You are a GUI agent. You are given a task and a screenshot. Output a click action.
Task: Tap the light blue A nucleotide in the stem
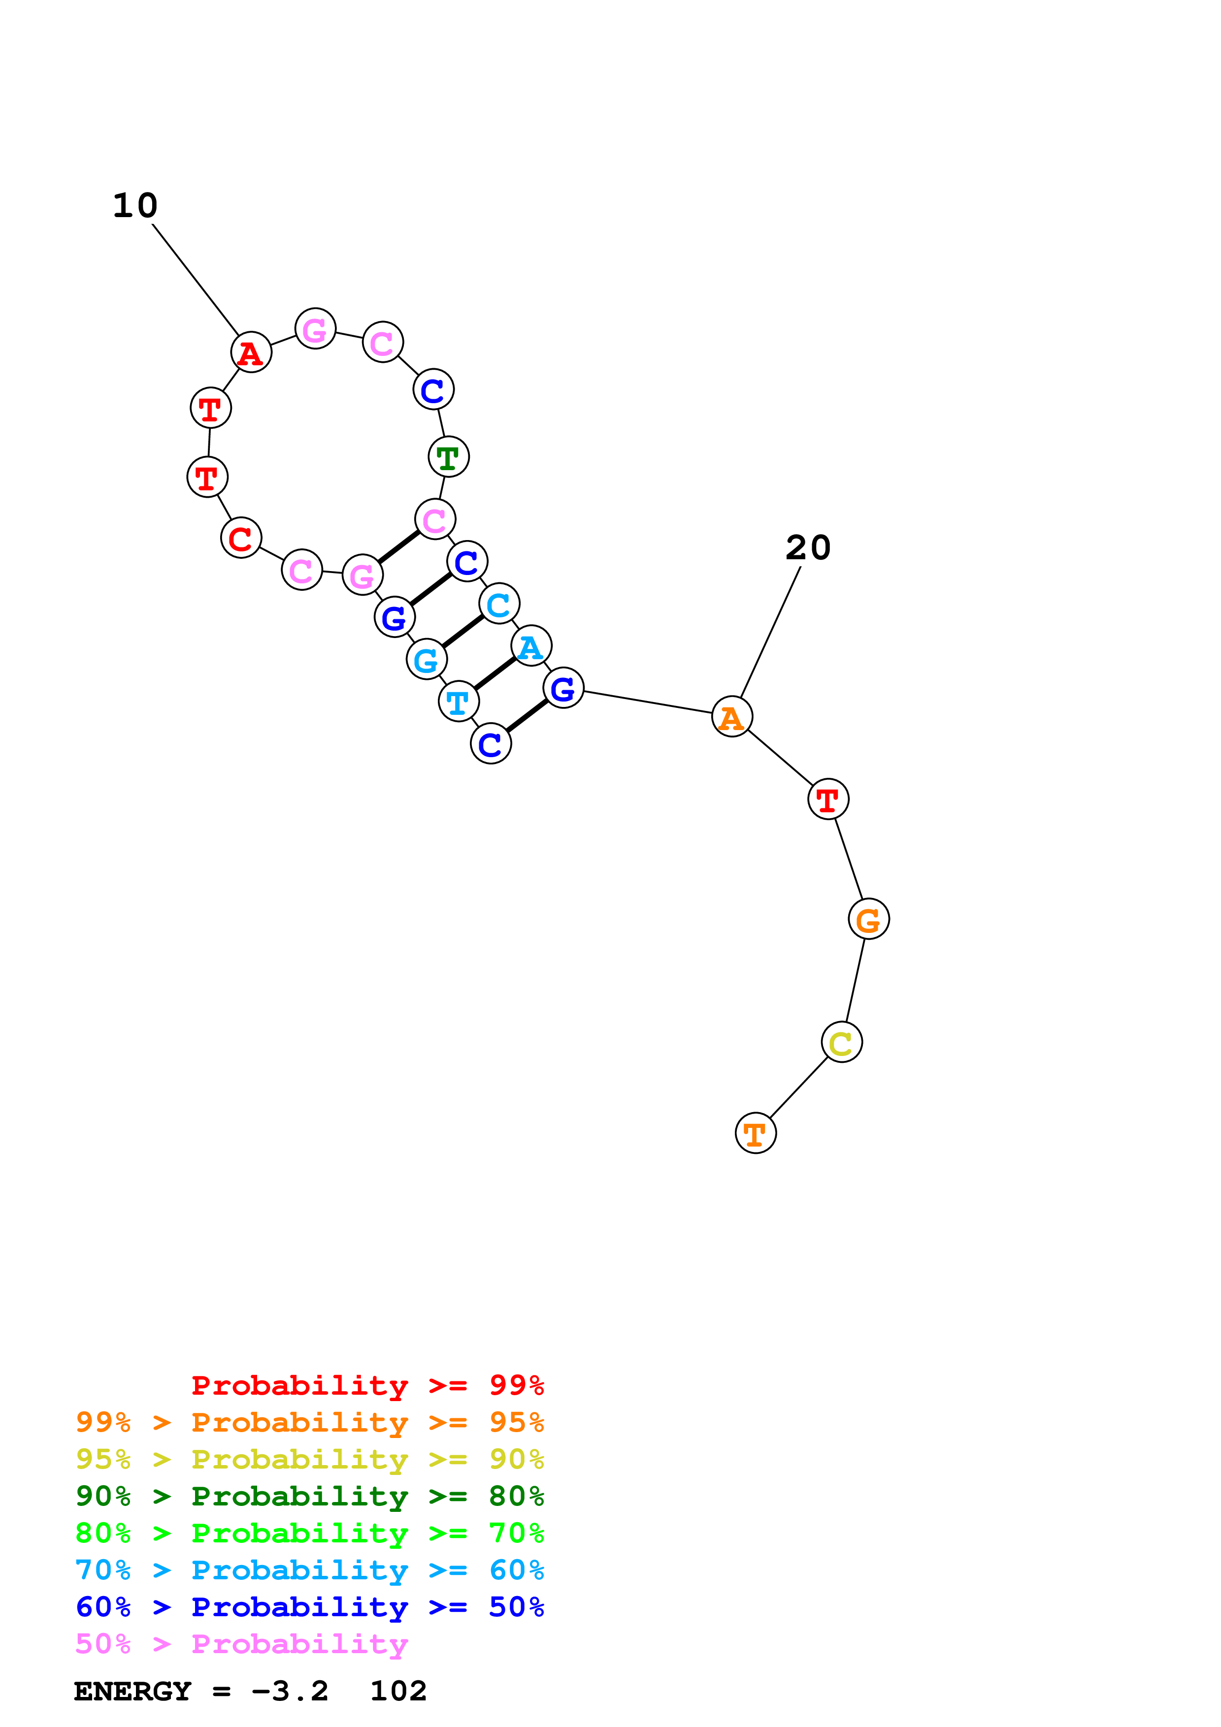531,646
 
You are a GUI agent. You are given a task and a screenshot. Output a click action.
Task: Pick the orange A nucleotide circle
732,717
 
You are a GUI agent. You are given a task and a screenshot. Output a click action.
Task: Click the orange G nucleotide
869,919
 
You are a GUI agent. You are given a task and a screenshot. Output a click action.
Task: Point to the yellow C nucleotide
842,1043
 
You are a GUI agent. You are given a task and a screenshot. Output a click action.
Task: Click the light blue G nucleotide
427,660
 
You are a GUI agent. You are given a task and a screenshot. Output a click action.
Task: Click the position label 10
135,205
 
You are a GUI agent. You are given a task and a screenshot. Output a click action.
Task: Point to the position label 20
808,547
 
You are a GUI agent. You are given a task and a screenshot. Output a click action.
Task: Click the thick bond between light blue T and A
495,673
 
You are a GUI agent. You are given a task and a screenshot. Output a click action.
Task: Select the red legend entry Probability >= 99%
367,1385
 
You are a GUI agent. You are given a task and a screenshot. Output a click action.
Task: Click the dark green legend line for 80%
310,1496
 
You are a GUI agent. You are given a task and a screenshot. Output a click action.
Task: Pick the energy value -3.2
290,1691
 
